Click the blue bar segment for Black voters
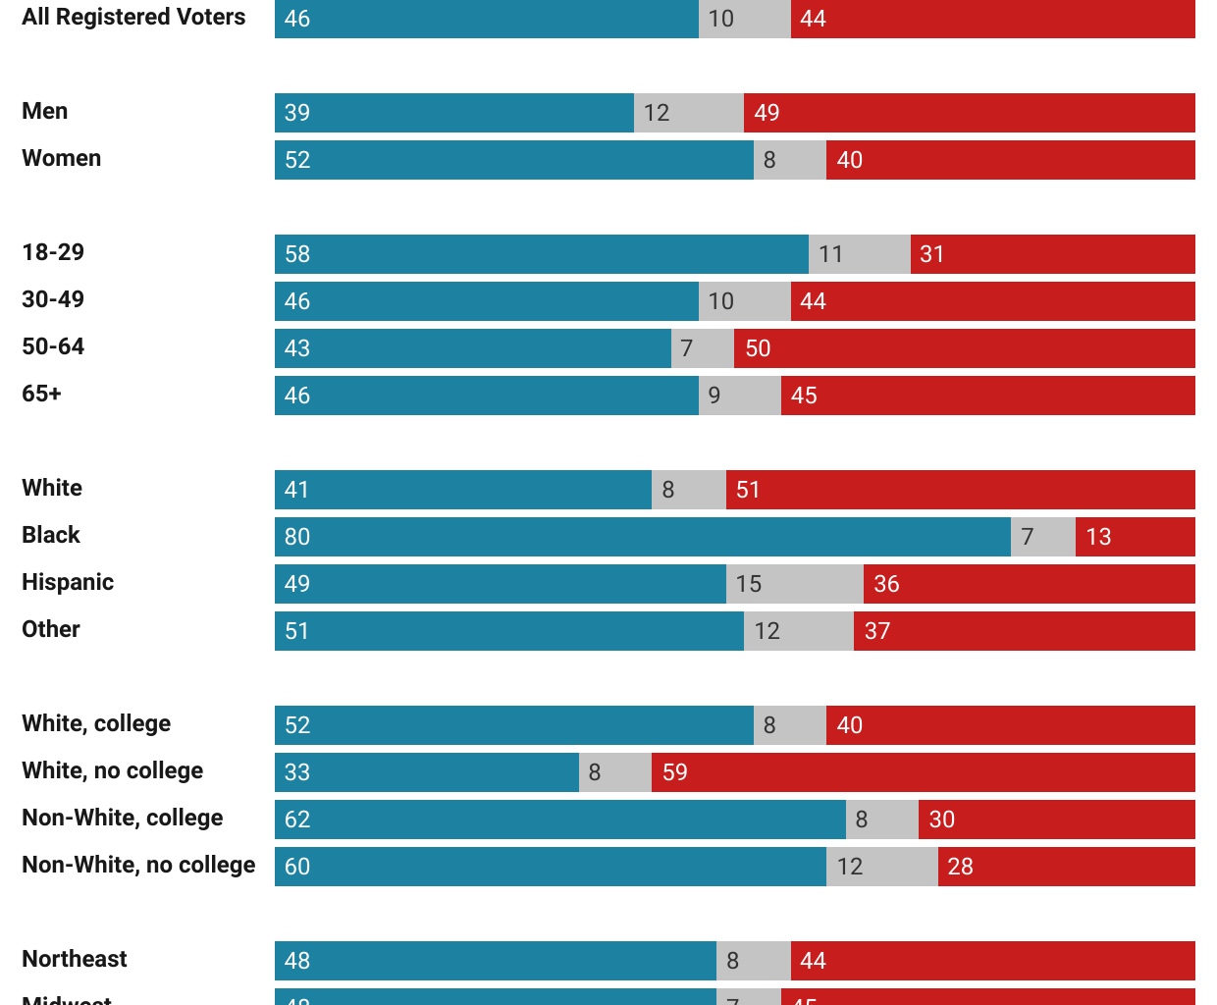point(643,537)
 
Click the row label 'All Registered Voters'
point(133,18)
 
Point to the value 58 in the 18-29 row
point(297,254)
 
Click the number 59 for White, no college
point(675,772)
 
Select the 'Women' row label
point(61,158)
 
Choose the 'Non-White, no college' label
point(138,865)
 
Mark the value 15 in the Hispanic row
point(749,584)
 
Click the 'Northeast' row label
point(75,959)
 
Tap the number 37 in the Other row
point(877,631)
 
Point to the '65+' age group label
point(41,394)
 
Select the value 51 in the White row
point(748,490)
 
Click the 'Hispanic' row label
point(68,582)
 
